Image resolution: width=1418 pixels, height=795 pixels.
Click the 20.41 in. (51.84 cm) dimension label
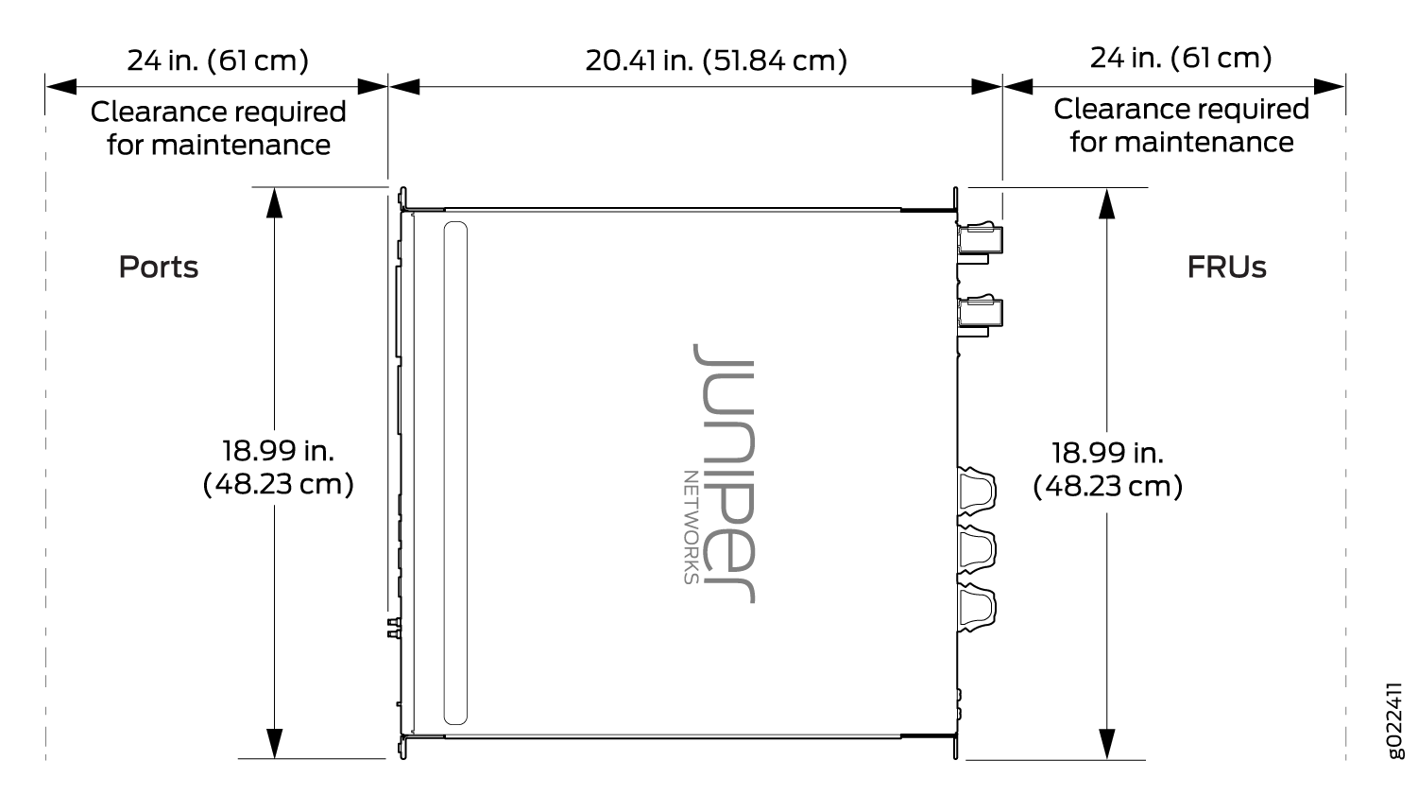[716, 60]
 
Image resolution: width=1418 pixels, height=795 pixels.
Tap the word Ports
[159, 267]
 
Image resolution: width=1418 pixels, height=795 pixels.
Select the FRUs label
[1226, 268]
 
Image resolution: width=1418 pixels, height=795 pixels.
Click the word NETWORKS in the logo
[692, 527]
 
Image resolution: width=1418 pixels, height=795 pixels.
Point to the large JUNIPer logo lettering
[725, 474]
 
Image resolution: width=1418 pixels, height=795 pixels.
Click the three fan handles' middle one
[976, 549]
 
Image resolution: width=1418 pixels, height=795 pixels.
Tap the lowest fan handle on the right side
[976, 608]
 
